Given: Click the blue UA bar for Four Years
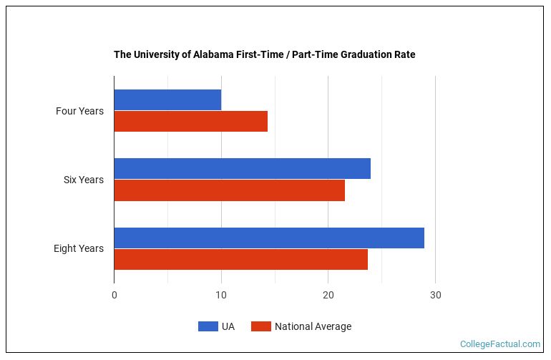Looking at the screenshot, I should click(x=167, y=100).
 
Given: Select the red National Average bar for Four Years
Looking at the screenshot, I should click(x=190, y=122).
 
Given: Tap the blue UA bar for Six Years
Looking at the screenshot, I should click(x=242, y=169).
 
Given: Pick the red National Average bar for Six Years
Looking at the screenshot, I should click(x=229, y=190).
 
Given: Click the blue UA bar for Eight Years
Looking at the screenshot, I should click(x=269, y=238).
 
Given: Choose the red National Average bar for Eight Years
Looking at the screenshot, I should click(x=240, y=259).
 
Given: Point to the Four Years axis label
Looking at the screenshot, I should click(x=79, y=111).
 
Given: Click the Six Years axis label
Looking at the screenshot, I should click(x=83, y=180).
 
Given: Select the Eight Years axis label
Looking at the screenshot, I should click(x=78, y=248).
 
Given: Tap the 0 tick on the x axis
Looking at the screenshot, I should click(x=114, y=296).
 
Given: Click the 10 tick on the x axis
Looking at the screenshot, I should click(x=221, y=296).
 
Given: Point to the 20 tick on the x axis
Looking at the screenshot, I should click(x=328, y=296).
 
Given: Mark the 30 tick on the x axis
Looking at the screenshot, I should click(x=435, y=296).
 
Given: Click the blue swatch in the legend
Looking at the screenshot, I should click(x=208, y=326).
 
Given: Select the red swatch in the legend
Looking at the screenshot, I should click(x=261, y=326).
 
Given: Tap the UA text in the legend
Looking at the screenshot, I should click(x=228, y=326).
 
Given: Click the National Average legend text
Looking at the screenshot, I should click(x=313, y=326).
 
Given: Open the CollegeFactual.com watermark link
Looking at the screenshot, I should click(x=499, y=344).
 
